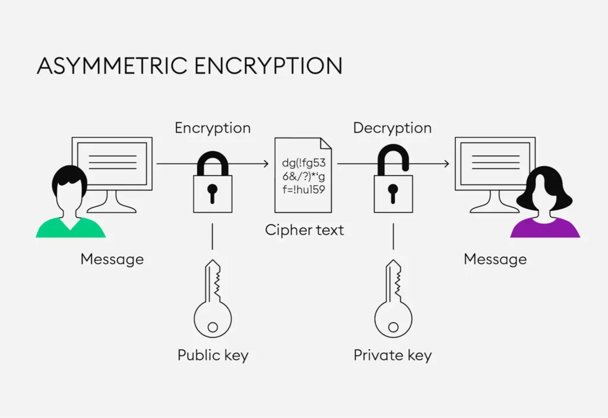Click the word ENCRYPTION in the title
coord(268,65)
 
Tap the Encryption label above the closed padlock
coord(213,128)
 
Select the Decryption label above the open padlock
coord(392,128)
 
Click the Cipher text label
coord(305,230)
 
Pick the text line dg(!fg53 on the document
coord(303,163)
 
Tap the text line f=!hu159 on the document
coord(303,189)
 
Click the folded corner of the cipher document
coord(326,143)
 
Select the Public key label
coord(213,355)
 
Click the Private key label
coord(392,355)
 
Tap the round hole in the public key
coord(213,327)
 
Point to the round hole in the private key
coord(393,327)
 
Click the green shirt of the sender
coord(71,228)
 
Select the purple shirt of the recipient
coord(545,228)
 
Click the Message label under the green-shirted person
coord(112,259)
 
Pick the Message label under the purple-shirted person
coord(495,259)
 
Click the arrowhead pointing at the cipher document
coord(266,164)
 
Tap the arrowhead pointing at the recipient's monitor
coord(446,164)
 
